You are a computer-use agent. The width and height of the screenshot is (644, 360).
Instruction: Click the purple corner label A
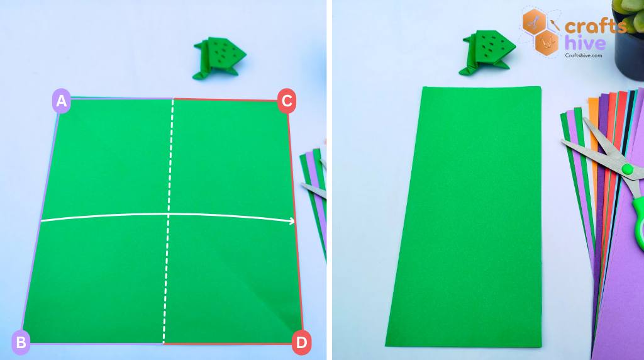(x=61, y=101)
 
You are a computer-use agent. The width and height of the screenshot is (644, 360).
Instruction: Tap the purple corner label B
(x=21, y=342)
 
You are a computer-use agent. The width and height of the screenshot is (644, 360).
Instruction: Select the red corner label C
(x=286, y=101)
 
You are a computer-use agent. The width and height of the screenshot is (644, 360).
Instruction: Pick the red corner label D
(x=302, y=342)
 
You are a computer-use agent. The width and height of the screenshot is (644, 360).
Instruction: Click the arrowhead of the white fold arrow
(x=292, y=221)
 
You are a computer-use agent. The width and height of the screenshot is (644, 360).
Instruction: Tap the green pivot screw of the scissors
(x=626, y=169)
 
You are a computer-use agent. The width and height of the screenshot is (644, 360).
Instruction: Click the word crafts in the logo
(x=595, y=26)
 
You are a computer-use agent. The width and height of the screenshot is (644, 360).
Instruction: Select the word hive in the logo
(x=585, y=43)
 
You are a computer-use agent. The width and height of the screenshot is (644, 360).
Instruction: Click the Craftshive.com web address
(x=584, y=55)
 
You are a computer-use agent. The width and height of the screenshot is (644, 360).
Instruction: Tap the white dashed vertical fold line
(x=169, y=220)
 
